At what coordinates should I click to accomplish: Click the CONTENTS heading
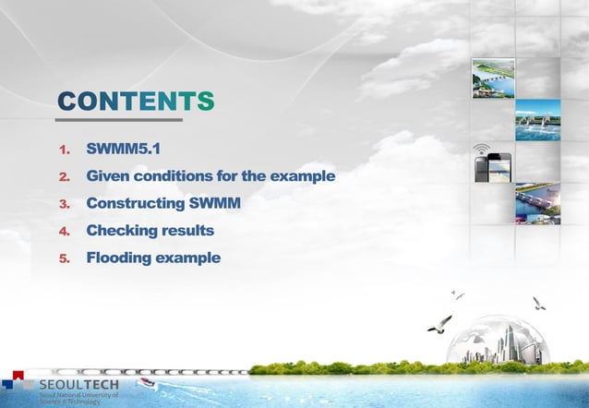tap(136, 102)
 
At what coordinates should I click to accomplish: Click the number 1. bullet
tap(65, 150)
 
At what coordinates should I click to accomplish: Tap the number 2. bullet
tap(65, 176)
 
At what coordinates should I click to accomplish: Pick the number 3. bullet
tap(65, 203)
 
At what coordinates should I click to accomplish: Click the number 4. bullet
tap(65, 231)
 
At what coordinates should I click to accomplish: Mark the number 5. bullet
tap(65, 258)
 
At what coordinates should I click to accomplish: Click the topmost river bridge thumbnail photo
tap(493, 78)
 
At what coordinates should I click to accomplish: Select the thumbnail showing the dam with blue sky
tap(537, 119)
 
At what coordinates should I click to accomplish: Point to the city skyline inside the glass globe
tap(499, 344)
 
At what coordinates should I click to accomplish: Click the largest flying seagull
tap(440, 323)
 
